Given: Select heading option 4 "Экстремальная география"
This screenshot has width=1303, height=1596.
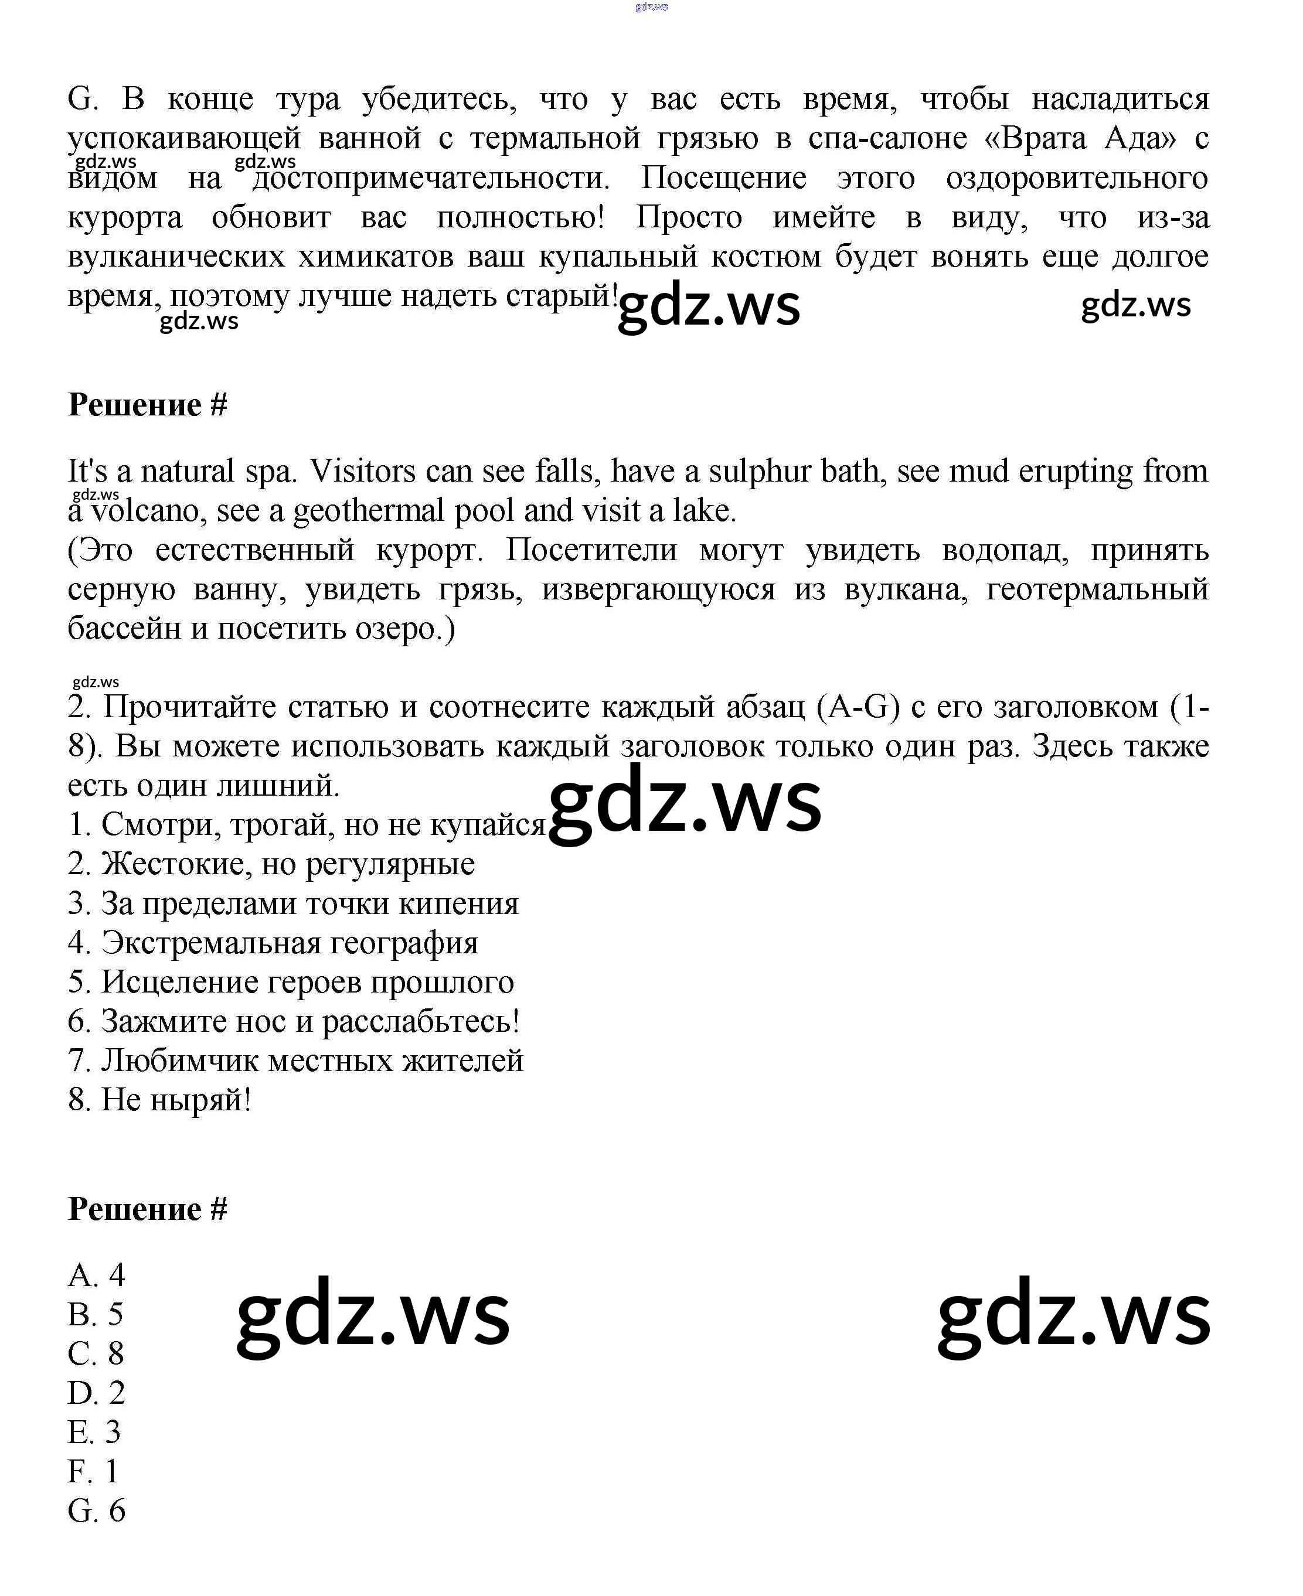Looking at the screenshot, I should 273,943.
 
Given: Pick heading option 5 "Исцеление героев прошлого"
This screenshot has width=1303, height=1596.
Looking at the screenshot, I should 291,982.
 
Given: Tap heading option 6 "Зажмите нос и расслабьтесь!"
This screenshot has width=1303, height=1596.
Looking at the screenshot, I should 294,1021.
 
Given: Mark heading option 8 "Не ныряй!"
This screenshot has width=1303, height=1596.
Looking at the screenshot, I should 159,1100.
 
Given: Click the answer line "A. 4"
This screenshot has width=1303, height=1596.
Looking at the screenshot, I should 96,1275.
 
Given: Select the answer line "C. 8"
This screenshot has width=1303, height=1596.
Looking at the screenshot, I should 96,1353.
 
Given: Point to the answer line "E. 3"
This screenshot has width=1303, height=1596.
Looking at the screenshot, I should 94,1433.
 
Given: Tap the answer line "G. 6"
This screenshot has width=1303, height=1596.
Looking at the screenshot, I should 96,1511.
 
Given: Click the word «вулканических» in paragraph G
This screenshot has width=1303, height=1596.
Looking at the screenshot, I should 176,257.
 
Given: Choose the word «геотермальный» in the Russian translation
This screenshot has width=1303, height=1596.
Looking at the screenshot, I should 1097,590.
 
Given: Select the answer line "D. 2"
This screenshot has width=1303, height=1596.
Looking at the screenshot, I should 96,1393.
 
